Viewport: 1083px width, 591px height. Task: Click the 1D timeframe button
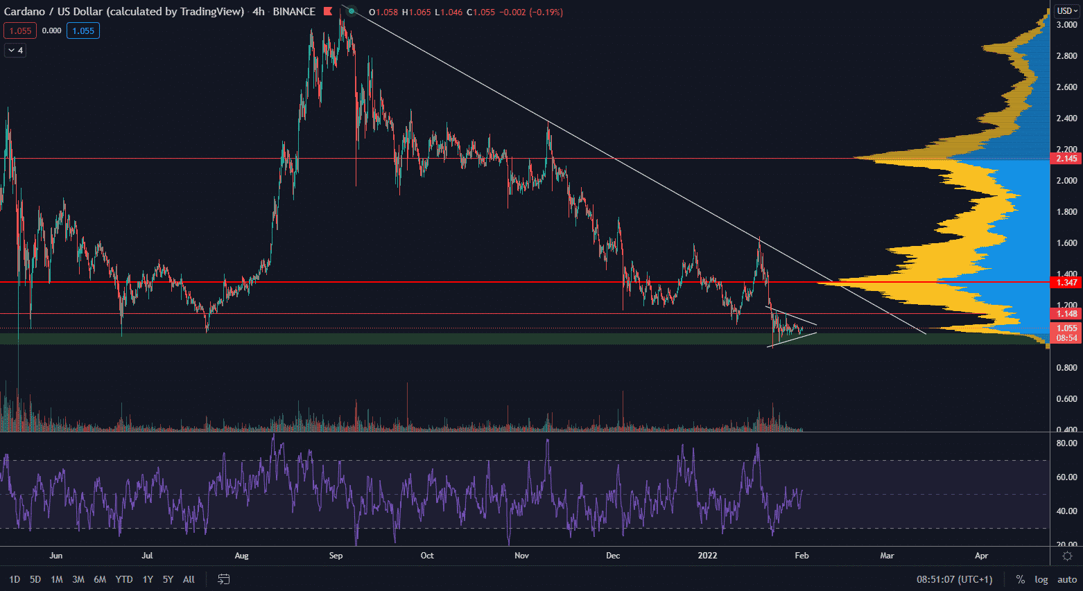click(x=15, y=579)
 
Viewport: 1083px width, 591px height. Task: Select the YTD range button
click(x=124, y=579)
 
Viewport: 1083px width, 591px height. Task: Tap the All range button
click(x=189, y=579)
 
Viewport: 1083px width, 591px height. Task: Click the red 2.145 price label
click(x=1066, y=159)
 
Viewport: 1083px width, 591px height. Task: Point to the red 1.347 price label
click(x=1066, y=282)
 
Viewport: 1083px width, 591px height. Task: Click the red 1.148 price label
click(x=1066, y=314)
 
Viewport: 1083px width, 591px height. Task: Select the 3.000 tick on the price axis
click(x=1066, y=24)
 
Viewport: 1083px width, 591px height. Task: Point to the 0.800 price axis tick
click(x=1066, y=368)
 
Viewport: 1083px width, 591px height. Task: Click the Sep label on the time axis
click(x=336, y=556)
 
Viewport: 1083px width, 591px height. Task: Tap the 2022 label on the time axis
click(x=707, y=556)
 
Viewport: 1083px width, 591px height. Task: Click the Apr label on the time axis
click(x=981, y=556)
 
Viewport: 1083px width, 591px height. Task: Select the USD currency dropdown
click(x=1066, y=11)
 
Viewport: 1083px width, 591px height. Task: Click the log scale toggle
click(x=1041, y=579)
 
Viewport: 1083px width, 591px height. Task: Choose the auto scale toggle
click(x=1067, y=579)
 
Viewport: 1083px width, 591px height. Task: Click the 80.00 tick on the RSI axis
click(x=1066, y=443)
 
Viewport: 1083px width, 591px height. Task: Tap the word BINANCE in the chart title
click(x=294, y=12)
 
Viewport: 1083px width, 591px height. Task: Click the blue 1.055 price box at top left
click(x=83, y=30)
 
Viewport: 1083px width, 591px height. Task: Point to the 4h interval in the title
click(x=259, y=12)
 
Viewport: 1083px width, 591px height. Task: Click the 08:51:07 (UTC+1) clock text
click(x=954, y=579)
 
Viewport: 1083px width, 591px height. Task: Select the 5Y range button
click(x=168, y=579)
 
